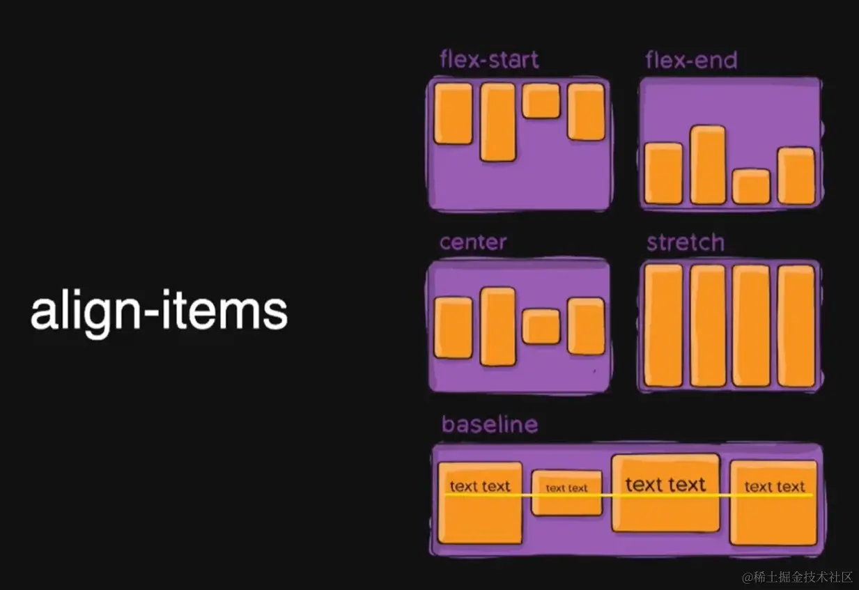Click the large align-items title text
(159, 313)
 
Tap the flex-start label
(489, 60)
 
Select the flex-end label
(691, 61)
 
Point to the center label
(473, 242)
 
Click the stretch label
(685, 242)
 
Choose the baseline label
(489, 424)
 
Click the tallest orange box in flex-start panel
(497, 122)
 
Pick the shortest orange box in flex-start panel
(541, 101)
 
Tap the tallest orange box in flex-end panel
(708, 165)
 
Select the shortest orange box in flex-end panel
(751, 187)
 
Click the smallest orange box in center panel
(541, 327)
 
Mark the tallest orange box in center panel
(497, 327)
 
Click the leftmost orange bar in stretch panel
(663, 325)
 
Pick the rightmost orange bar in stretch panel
(796, 325)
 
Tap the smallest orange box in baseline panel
(566, 492)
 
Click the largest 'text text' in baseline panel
(665, 485)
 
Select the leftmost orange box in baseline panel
(480, 502)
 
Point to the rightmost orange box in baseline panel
(773, 502)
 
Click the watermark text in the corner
(797, 577)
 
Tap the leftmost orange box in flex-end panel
(663, 173)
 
